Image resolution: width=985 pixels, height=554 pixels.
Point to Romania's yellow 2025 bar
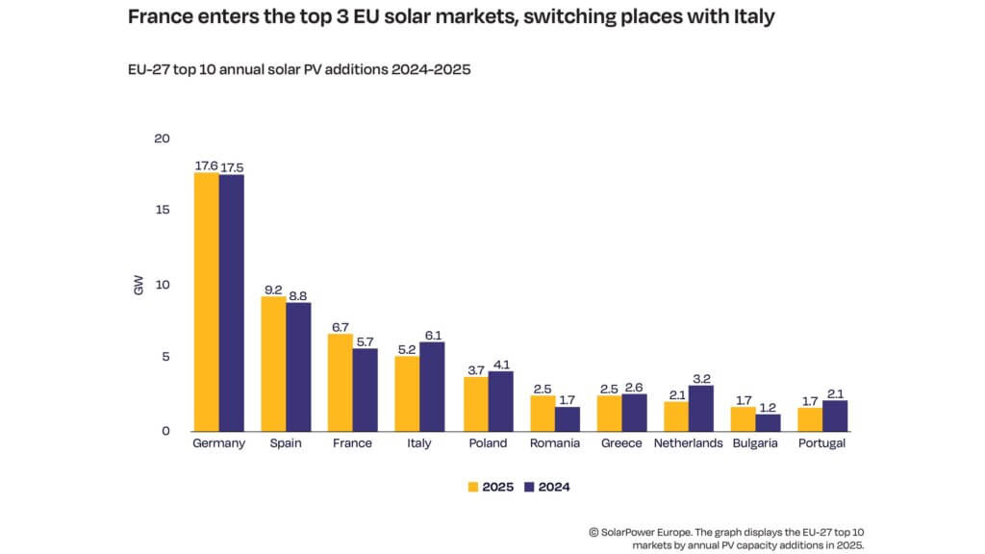coord(543,414)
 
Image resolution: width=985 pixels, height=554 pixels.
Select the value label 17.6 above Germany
coord(206,165)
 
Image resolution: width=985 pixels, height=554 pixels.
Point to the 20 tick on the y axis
coord(162,138)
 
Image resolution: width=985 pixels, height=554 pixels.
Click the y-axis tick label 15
coord(163,211)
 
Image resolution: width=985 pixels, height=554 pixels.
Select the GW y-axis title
coord(138,286)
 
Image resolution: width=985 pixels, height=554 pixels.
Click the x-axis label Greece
coord(622,443)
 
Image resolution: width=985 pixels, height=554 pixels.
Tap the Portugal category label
coord(822,443)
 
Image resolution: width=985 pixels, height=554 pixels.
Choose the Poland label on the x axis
coord(488,443)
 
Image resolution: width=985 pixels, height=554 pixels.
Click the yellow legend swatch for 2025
coord(473,488)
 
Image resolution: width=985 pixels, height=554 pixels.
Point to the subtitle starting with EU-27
coord(299,70)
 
